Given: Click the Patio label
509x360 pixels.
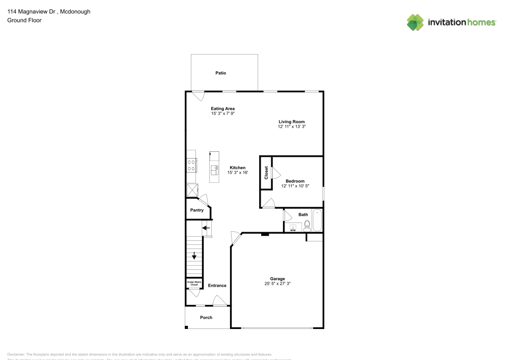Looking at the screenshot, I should coord(220,73).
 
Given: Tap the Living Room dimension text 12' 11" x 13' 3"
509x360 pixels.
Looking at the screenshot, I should coord(291,126).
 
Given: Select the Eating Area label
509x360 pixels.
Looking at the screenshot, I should coord(222,108).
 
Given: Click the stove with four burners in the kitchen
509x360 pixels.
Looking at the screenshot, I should coord(192,164).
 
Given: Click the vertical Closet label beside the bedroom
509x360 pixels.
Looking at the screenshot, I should coord(266,173).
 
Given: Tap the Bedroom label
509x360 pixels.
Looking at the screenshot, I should coord(295,181).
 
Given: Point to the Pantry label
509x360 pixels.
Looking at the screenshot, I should coord(196,210).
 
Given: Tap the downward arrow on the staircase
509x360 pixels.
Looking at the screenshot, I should coord(194,256).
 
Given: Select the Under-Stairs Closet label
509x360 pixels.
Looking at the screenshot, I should coord(193,283).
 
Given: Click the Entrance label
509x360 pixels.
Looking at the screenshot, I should coord(217,286).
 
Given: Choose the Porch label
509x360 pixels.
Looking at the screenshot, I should coord(206,318).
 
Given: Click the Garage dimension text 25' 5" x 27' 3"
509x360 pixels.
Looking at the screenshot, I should coord(277,284).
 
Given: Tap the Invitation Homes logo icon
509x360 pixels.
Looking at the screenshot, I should coord(415,22).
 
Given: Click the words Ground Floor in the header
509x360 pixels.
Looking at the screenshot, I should coord(24,20).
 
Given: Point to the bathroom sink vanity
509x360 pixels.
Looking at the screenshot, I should coord(293,227).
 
